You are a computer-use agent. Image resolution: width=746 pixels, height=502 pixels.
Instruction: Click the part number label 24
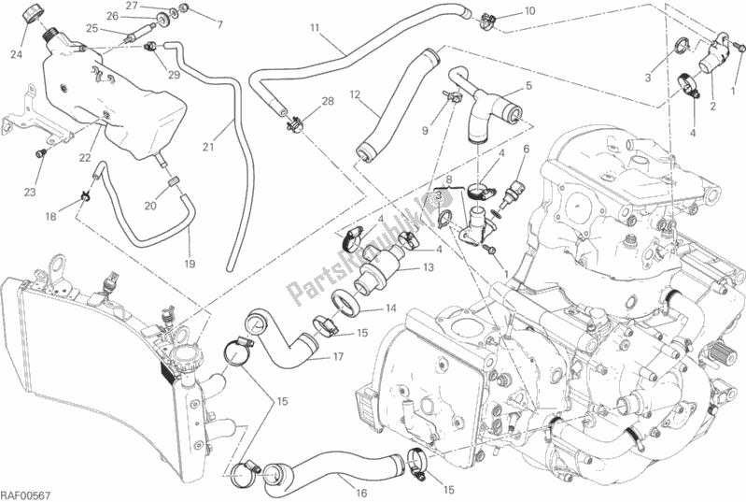click(15, 54)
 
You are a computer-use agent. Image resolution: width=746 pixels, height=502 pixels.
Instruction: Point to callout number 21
click(208, 148)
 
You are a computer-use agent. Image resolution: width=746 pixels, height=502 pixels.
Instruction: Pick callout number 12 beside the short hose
click(355, 94)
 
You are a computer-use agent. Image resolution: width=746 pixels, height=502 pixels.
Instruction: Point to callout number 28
click(328, 101)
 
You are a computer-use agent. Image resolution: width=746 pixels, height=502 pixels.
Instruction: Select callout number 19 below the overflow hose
click(190, 265)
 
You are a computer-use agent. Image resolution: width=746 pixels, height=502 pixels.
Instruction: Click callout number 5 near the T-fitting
click(528, 86)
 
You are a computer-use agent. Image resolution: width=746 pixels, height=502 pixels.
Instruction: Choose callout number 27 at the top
click(133, 7)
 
